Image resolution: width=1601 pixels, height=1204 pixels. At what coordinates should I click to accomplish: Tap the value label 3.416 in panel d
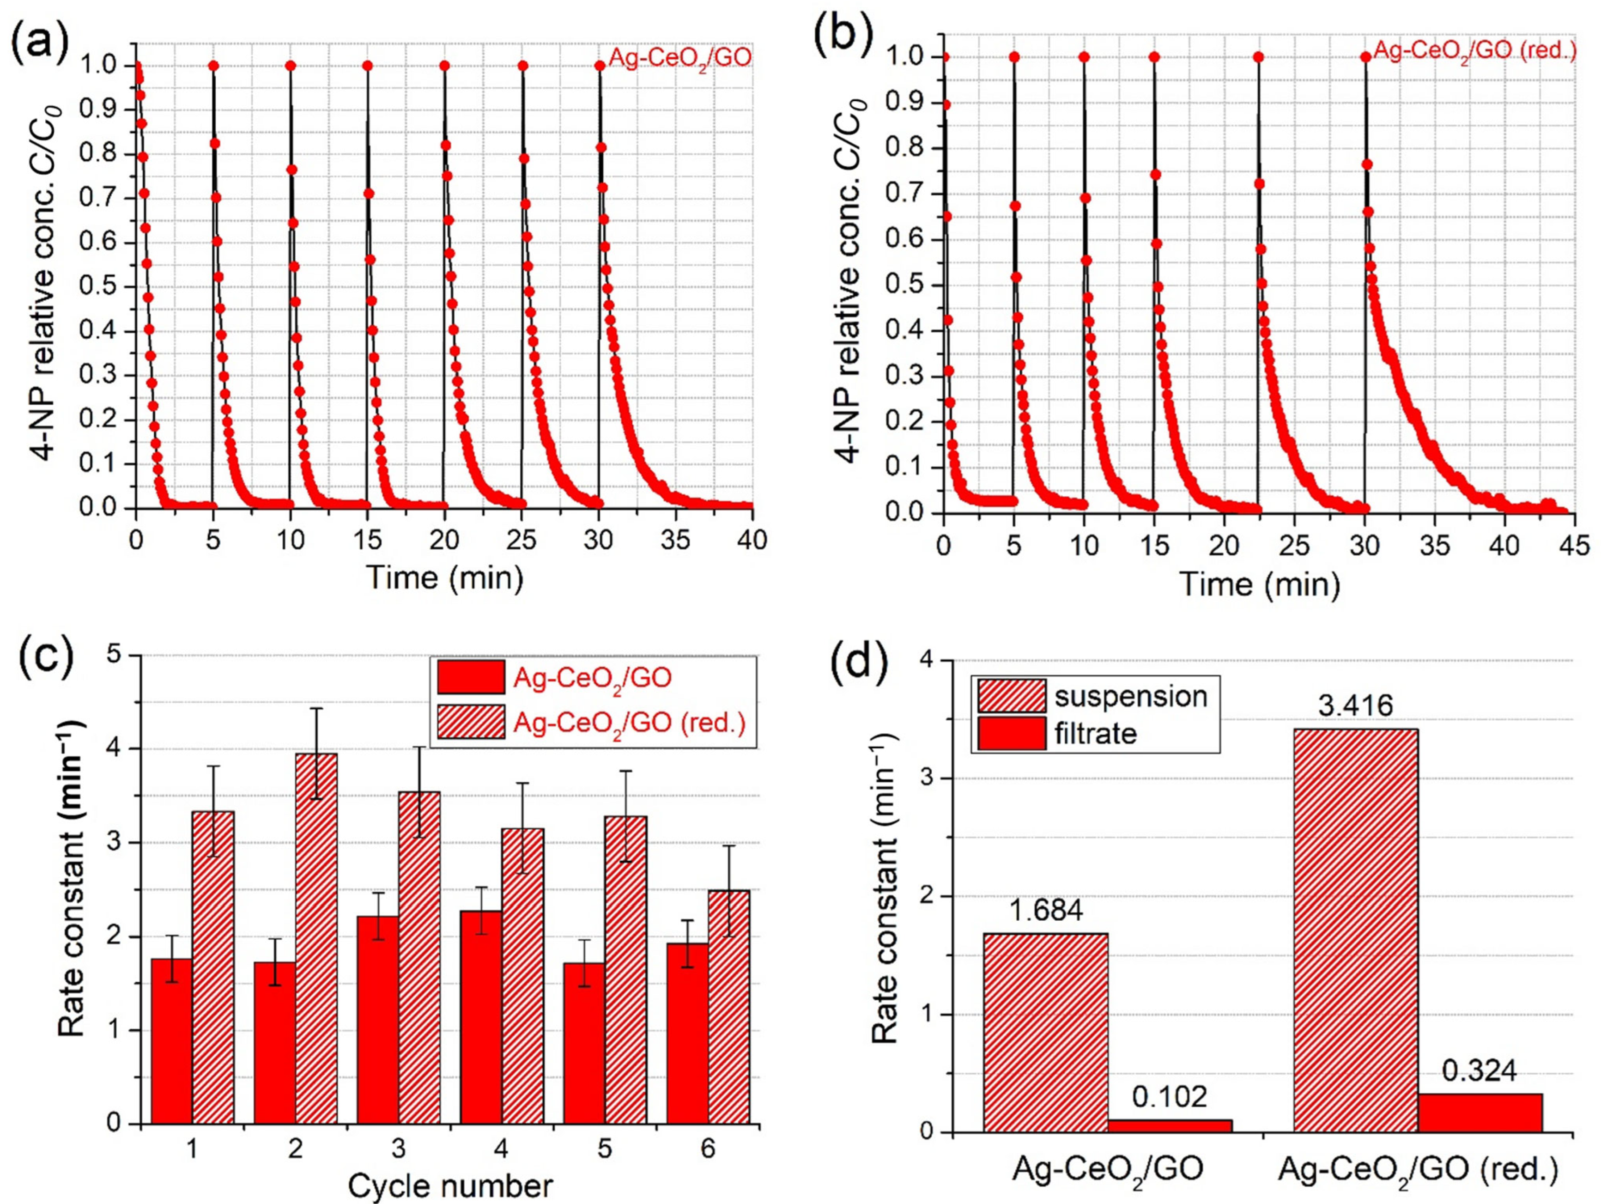1345,705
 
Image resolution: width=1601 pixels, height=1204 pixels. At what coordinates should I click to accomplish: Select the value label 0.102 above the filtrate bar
1170,1097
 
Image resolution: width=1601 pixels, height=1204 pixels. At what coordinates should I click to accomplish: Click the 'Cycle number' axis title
450,1186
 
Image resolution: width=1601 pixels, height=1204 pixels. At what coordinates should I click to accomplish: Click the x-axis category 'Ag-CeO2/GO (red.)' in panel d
1416,1169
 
